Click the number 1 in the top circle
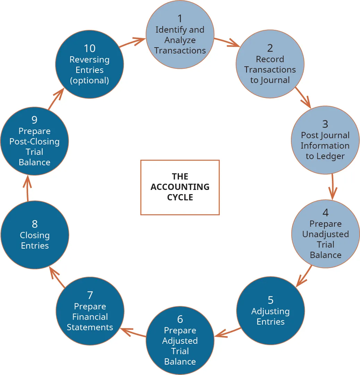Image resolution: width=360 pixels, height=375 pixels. coord(180,18)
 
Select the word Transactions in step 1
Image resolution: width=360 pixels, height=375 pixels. coord(180,50)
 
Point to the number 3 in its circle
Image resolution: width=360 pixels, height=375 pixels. coord(325,124)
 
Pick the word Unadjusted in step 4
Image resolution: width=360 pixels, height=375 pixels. coord(325,234)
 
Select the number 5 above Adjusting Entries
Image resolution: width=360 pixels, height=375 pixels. coord(271,300)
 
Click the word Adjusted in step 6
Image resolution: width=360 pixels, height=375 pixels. coord(180,341)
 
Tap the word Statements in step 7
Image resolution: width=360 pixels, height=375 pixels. coord(90,327)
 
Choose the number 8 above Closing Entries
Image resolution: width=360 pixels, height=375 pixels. coord(35,224)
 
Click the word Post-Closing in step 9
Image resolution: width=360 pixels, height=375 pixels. coord(34,142)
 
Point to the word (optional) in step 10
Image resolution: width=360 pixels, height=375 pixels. coord(89,80)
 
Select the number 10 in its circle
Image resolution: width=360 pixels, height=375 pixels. coord(89,48)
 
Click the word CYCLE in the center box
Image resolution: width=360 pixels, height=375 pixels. coord(180,197)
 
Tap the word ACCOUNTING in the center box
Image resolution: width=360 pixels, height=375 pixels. coord(180,187)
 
